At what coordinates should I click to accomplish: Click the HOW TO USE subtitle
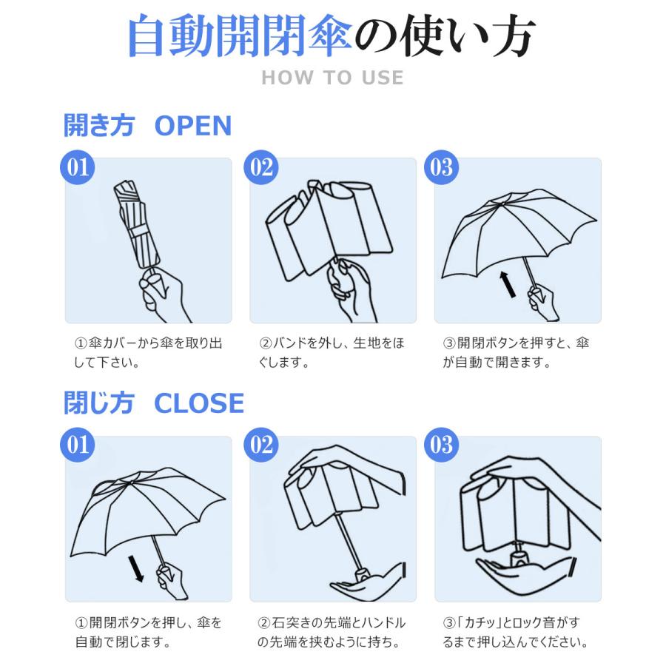[332, 78]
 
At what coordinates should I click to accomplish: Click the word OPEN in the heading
[192, 126]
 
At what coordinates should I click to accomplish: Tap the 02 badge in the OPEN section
[261, 166]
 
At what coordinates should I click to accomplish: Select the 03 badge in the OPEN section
[441, 166]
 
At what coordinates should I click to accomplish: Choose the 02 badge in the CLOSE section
[261, 444]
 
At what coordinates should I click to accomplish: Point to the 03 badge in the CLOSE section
[441, 444]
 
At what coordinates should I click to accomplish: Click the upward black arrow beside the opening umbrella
[508, 284]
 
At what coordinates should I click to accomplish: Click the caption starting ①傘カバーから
[148, 353]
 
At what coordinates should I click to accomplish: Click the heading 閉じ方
[98, 404]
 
